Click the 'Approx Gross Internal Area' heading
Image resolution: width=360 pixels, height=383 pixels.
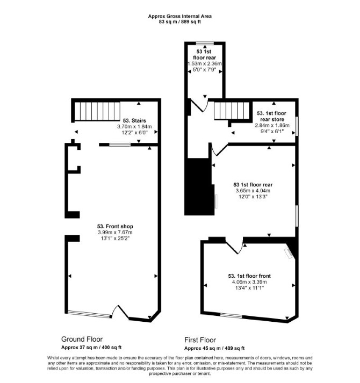click(179, 16)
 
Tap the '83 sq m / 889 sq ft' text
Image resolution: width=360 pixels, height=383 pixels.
click(179, 21)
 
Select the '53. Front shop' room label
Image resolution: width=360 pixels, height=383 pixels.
click(115, 227)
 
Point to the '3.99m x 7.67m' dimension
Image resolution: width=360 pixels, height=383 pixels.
click(115, 232)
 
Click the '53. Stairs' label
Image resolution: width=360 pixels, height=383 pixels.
click(134, 120)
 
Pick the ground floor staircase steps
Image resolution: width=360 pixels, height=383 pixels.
click(97, 111)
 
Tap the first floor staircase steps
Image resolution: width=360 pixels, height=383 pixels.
click(232, 111)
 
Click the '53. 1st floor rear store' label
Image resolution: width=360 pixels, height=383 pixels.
click(272, 116)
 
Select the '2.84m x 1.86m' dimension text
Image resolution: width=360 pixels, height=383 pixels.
click(272, 125)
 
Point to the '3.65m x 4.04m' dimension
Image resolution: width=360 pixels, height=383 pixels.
click(253, 191)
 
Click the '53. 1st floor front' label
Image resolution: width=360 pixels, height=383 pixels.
click(249, 276)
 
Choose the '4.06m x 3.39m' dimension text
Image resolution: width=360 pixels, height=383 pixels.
click(249, 282)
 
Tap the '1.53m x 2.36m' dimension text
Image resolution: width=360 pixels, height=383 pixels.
click(205, 64)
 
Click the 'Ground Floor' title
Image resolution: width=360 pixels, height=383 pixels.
click(82, 339)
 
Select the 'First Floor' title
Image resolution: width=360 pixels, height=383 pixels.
click(200, 340)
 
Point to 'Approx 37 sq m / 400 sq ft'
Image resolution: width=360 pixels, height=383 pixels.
click(91, 348)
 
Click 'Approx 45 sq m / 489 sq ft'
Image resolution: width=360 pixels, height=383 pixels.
click(214, 348)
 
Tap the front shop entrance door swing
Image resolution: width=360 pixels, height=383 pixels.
click(120, 312)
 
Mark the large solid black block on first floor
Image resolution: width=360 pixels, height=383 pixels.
click(199, 187)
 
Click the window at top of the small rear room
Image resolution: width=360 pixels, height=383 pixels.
click(205, 44)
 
